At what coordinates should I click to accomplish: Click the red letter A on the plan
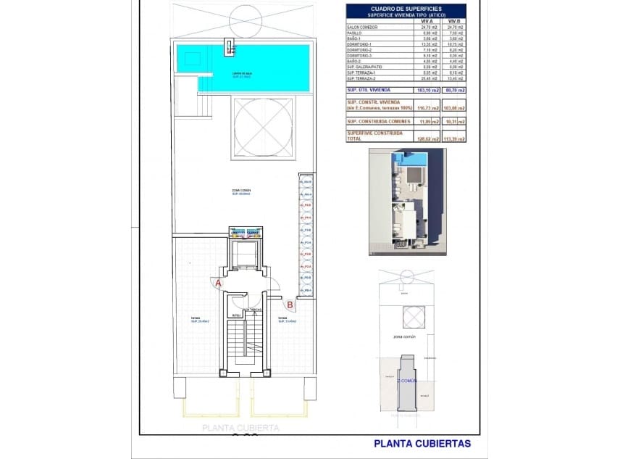[x=218, y=284]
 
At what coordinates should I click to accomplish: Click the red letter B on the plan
[x=289, y=305]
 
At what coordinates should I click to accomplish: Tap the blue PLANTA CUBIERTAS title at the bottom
[x=422, y=443]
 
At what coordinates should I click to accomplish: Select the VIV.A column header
[x=427, y=21]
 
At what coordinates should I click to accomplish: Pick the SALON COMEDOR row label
[x=362, y=28]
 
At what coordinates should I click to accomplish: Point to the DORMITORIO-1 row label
[x=361, y=44]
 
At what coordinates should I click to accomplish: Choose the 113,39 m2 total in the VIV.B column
[x=453, y=137]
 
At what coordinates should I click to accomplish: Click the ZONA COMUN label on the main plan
[x=240, y=191]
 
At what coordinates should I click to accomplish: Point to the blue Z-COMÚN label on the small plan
[x=407, y=380]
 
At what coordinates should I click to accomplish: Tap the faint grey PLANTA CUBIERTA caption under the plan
[x=240, y=428]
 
